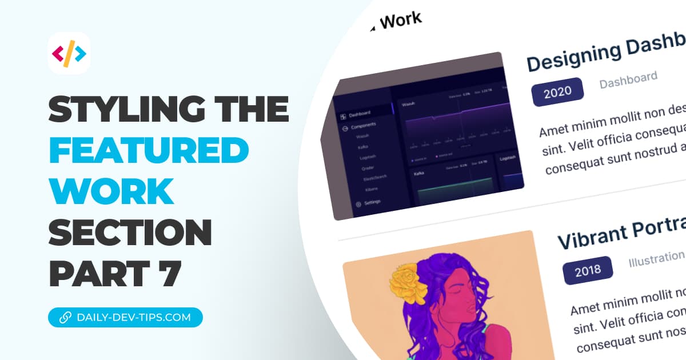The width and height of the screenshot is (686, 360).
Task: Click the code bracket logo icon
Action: coord(69,54)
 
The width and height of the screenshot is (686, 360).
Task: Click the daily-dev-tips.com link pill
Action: coord(125,317)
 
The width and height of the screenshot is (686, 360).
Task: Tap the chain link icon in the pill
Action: coord(63,317)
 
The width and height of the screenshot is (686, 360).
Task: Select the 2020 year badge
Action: coord(557,93)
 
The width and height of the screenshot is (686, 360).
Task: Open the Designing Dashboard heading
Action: coord(606,54)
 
